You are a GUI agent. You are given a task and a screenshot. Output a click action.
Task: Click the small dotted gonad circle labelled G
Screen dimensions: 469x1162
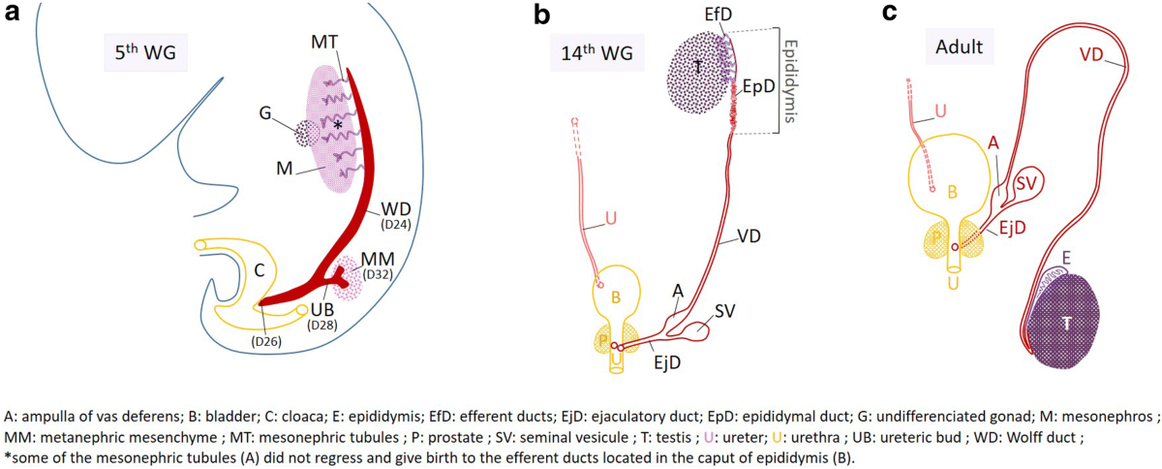pyautogui.click(x=307, y=133)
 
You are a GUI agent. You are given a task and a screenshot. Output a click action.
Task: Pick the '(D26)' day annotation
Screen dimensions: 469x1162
pyautogui.click(x=269, y=340)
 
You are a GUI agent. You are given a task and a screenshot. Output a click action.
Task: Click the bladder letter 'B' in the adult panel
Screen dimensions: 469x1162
pyautogui.click(x=953, y=193)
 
